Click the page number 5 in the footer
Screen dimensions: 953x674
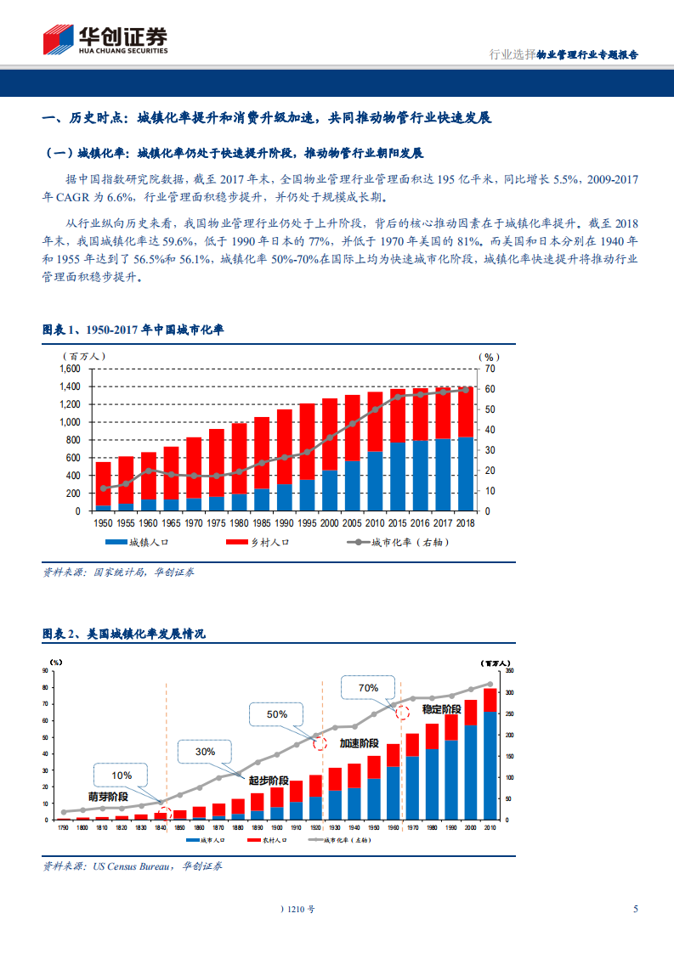point(635,909)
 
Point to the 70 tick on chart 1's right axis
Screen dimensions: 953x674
point(490,369)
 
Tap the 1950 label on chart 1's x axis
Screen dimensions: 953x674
point(103,522)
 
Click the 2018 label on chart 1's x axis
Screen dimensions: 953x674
point(465,522)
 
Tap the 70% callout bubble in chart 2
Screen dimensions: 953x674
point(368,688)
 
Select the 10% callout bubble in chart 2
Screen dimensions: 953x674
point(122,775)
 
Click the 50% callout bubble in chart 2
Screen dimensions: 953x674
point(277,714)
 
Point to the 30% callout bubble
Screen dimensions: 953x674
point(205,752)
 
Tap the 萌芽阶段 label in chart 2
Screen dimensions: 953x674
point(108,797)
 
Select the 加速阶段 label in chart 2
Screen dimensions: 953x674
point(360,742)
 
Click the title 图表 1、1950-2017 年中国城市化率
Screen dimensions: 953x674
point(133,330)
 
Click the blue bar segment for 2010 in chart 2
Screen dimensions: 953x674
point(490,765)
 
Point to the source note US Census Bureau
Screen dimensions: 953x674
point(132,866)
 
